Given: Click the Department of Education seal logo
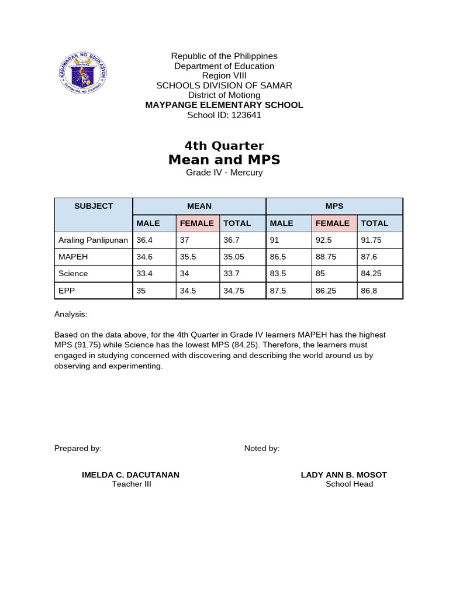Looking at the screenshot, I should click(x=83, y=74).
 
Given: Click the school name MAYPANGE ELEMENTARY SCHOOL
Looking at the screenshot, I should click(x=224, y=105).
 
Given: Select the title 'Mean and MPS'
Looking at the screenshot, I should click(x=224, y=160).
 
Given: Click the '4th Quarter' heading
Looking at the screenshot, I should click(x=224, y=146).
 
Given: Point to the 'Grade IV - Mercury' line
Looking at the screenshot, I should click(x=224, y=173).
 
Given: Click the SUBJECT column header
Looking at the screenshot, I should click(x=94, y=206).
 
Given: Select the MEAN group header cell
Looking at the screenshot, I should click(x=199, y=206).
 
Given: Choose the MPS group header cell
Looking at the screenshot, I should click(x=334, y=206).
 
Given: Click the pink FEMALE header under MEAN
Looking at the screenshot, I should click(x=197, y=223).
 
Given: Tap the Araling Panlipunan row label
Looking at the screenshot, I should click(x=93, y=240).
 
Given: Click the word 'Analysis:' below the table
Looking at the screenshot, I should click(x=71, y=314).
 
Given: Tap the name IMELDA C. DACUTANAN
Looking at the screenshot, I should click(x=131, y=474).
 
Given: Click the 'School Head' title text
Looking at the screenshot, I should click(x=349, y=484).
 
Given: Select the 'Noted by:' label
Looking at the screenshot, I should click(x=262, y=448).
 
